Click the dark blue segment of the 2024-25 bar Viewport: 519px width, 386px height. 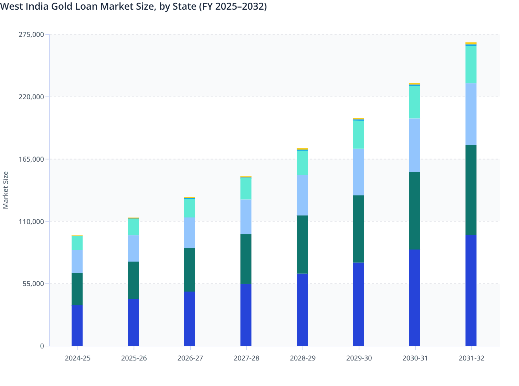(x=77, y=325)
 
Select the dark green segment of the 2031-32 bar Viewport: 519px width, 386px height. (x=471, y=190)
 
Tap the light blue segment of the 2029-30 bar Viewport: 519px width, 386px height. (x=358, y=172)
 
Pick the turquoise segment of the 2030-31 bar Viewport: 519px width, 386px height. (x=415, y=102)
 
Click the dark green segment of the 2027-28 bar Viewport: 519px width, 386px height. (x=246, y=259)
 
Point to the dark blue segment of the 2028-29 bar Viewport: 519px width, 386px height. (x=302, y=309)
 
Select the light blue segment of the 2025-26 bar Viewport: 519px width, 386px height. (x=133, y=248)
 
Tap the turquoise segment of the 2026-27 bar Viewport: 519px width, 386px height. (x=190, y=208)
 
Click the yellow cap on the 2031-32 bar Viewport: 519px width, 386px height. (x=471, y=43)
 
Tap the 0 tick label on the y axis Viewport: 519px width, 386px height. (x=42, y=346)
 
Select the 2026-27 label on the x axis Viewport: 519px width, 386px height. (x=190, y=358)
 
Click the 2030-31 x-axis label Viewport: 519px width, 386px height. (x=415, y=358)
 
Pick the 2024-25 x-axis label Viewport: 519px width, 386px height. (x=77, y=358)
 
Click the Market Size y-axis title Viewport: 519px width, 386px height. (x=6, y=190)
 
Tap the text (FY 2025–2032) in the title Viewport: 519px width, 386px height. (x=233, y=6)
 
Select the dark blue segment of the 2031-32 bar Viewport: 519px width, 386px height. (x=471, y=290)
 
